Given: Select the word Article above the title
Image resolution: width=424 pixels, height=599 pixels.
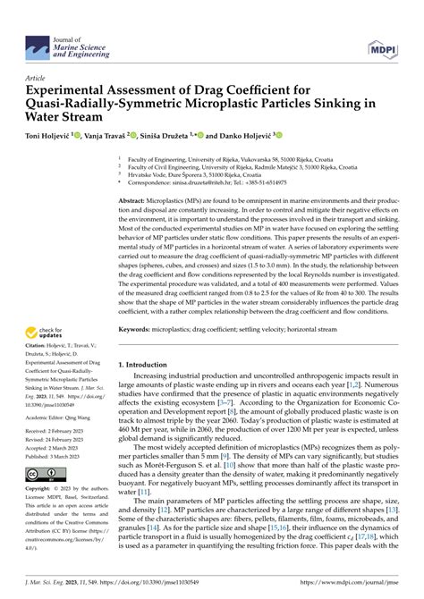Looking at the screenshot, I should click(x=37, y=79).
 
